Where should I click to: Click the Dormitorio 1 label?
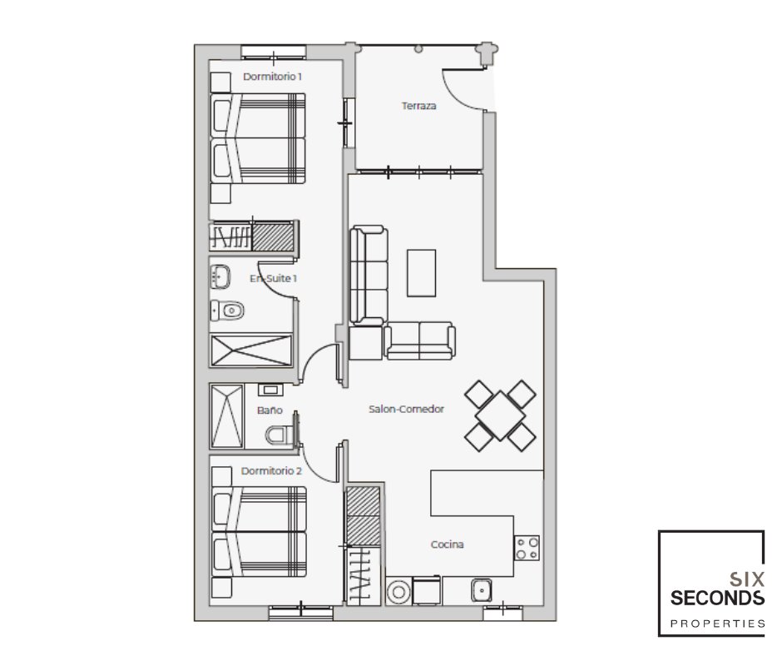coord(272,77)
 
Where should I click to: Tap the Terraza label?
coord(419,106)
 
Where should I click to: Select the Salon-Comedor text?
coord(407,409)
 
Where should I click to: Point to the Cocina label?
coord(448,544)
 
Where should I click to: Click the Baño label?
coord(270,410)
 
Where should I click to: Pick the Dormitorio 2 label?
coord(271,471)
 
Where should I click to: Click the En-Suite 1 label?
coord(274,278)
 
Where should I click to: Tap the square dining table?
coord(500,416)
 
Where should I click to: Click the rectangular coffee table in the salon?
coord(422,273)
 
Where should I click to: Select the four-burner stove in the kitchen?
coord(527,548)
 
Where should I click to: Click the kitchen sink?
coord(482,590)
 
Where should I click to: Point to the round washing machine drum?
coord(398,592)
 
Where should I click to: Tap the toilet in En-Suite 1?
coord(227,311)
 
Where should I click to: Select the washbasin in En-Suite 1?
coord(220,276)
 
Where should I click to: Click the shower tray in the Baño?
coord(227,416)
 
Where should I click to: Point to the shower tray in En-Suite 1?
coord(251,350)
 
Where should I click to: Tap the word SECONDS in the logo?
coord(717,598)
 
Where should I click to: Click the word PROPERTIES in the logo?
coord(717,624)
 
